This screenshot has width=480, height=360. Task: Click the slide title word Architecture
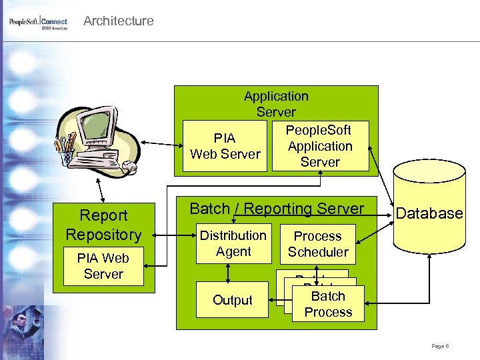click(x=118, y=21)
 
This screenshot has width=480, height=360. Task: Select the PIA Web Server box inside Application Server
click(x=225, y=146)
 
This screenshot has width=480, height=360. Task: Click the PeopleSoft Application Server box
click(x=320, y=146)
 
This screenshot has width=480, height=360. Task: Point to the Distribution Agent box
click(x=233, y=243)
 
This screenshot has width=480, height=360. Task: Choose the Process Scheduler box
click(x=317, y=244)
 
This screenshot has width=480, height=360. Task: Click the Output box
click(x=232, y=300)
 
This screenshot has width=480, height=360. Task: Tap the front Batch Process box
click(x=328, y=304)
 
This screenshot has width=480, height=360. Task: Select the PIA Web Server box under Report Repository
click(x=103, y=266)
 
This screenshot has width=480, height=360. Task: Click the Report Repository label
click(x=103, y=225)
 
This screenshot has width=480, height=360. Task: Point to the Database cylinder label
click(x=429, y=213)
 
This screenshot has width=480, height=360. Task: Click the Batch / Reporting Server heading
click(x=277, y=209)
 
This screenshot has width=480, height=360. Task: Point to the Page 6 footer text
click(x=440, y=346)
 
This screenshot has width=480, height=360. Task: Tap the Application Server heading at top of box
click(x=276, y=104)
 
